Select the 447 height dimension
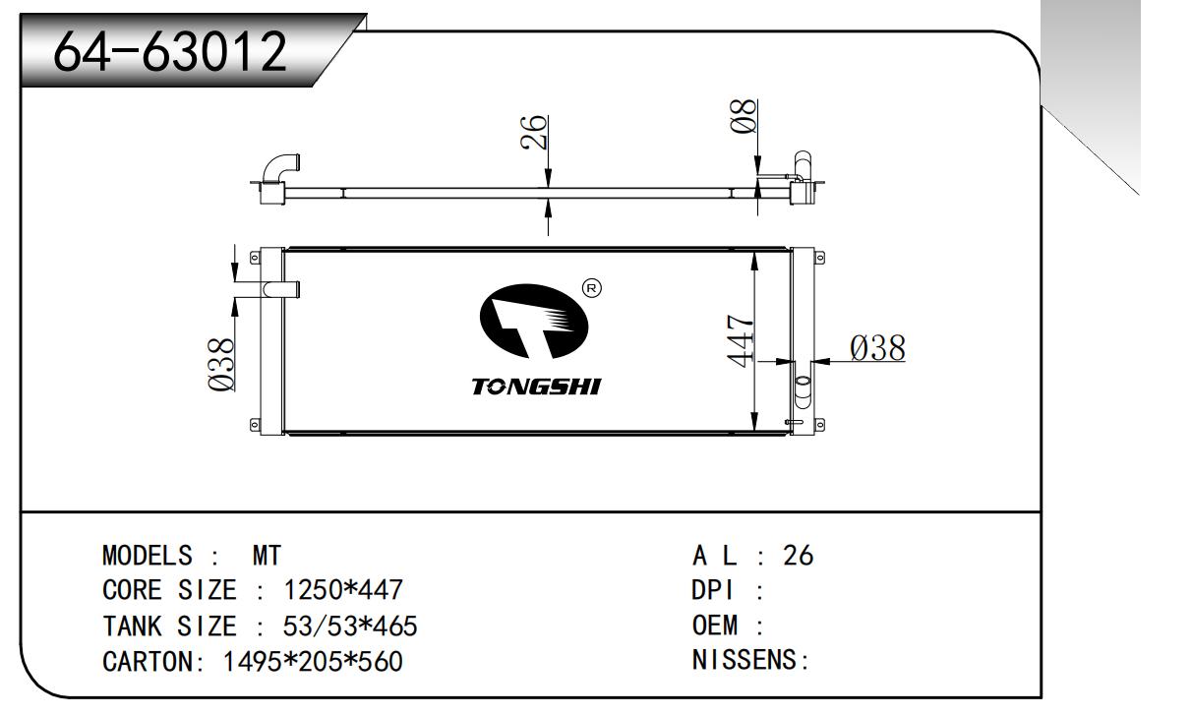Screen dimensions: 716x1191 coord(742,340)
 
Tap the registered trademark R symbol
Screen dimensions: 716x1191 coord(592,288)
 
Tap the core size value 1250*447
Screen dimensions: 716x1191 coord(343,590)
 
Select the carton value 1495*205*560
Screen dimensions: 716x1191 coord(313,661)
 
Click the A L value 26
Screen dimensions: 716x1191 coord(798,556)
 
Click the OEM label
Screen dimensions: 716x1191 coord(722,626)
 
